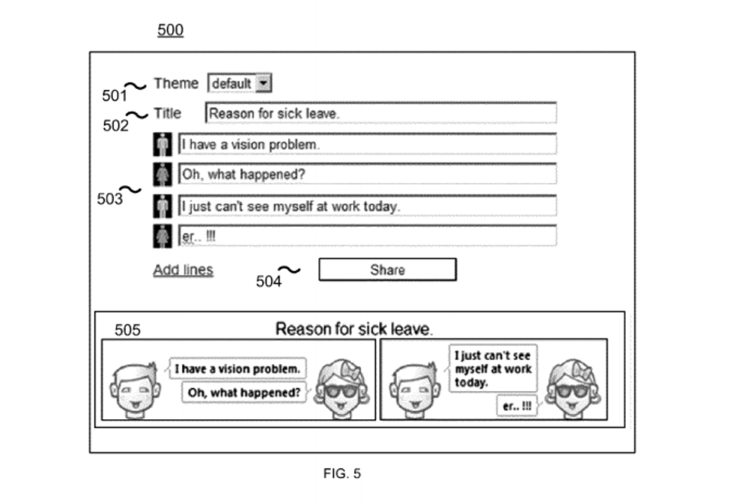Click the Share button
pos(387,270)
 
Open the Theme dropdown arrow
pos(263,83)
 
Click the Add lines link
pos(183,270)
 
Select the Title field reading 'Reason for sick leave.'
pos(380,113)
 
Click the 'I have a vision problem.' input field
pos(367,144)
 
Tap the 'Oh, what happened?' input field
pos(367,174)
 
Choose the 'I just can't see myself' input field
pos(367,205)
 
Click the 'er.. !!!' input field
pos(367,236)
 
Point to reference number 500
pos(170,31)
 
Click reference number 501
pos(115,96)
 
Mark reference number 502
pos(115,126)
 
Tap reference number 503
pos(110,199)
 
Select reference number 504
pos(269,282)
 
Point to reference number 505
pos(127,330)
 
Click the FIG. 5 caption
pos(342,473)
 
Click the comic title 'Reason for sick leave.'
pos(354,329)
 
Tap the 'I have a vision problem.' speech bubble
pos(238,369)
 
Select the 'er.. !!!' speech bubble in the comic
pos(517,405)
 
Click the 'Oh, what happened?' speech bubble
pos(245,392)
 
